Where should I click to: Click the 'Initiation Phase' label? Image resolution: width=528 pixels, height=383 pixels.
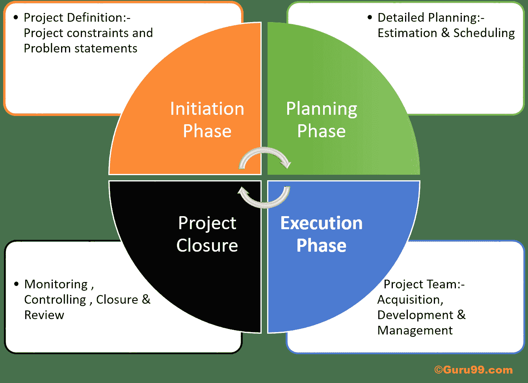coord(207,120)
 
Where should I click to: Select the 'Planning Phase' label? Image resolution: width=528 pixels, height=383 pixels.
coord(322,120)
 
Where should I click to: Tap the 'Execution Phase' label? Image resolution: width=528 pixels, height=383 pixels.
coord(322,234)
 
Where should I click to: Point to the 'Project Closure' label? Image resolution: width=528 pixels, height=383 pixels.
coord(207,234)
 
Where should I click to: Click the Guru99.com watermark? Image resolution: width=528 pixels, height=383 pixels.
coord(473,370)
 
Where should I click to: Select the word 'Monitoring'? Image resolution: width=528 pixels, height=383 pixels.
coord(56,284)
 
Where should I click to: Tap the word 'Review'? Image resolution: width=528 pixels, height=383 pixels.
coord(44,315)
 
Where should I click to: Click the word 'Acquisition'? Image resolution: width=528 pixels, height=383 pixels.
coord(410,300)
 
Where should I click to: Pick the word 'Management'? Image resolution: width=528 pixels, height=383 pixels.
coord(415,331)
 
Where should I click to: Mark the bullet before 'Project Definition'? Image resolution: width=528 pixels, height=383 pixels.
coord(16,18)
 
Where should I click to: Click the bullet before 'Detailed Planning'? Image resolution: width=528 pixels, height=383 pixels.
coord(370,18)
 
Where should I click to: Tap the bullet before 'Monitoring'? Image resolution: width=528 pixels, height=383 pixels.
coord(16,284)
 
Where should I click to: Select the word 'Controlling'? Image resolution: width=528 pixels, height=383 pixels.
coord(55,300)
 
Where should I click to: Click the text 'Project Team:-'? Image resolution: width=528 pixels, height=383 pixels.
coord(424,284)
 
